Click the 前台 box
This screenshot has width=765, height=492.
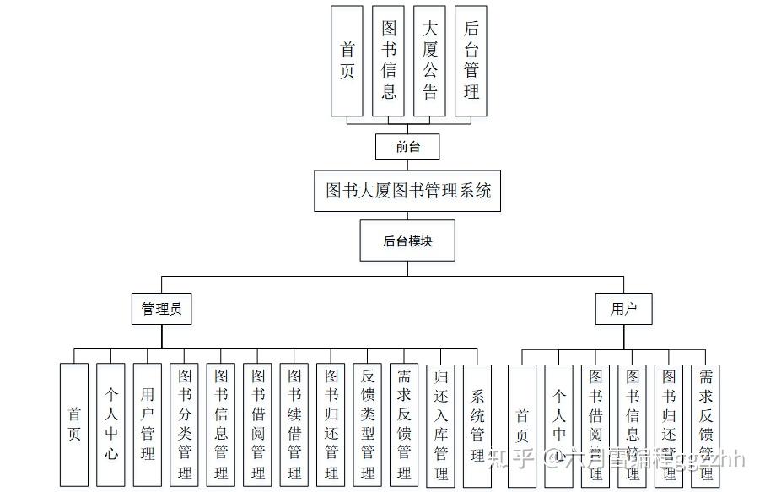(408, 147)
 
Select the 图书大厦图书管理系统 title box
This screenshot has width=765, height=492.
(407, 190)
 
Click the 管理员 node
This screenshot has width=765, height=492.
(161, 310)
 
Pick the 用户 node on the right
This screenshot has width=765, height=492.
(624, 310)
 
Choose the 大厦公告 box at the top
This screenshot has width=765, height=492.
(429, 61)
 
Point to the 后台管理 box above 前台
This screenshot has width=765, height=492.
(471, 61)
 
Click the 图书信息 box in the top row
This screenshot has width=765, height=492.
(388, 61)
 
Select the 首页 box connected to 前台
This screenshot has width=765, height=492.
(347, 61)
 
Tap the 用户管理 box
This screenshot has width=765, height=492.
(148, 424)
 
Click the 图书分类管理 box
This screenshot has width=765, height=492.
(184, 424)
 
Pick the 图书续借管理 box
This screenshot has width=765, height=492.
(294, 424)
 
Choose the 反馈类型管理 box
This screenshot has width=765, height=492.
(367, 424)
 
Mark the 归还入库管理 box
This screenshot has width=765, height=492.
(440, 424)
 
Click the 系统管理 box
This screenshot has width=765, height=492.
(477, 424)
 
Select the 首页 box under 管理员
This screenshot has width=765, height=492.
(74, 424)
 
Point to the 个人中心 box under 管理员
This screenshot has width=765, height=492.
(110, 424)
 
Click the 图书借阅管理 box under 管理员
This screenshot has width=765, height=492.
(257, 424)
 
